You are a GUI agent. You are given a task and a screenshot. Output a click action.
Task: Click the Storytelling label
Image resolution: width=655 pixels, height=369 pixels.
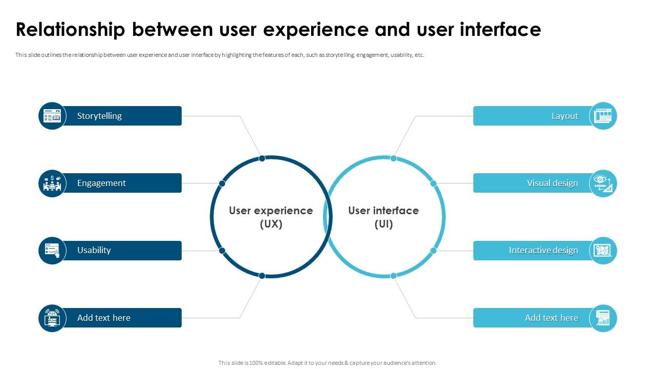click(x=99, y=116)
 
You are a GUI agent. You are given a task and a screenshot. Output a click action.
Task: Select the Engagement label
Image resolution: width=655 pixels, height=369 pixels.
click(x=101, y=183)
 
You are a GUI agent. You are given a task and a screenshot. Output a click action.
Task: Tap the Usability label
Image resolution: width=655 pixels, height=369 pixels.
click(x=94, y=250)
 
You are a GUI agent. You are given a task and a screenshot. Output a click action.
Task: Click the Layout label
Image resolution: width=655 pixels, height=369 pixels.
click(x=564, y=116)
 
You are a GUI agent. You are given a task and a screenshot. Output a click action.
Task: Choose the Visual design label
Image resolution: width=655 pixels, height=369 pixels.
click(x=552, y=183)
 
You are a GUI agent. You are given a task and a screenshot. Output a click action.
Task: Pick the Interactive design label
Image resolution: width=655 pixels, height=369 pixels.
click(x=543, y=250)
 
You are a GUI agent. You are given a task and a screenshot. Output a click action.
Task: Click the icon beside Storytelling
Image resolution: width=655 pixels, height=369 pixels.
click(x=52, y=116)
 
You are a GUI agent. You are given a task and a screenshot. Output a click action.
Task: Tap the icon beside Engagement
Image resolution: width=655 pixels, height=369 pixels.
click(x=52, y=183)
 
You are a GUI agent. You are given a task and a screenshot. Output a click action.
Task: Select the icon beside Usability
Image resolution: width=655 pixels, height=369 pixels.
click(x=52, y=251)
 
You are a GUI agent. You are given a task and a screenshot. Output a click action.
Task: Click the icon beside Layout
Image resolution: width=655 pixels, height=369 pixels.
click(x=603, y=116)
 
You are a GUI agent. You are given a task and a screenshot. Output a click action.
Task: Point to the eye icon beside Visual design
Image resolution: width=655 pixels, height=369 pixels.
click(x=603, y=183)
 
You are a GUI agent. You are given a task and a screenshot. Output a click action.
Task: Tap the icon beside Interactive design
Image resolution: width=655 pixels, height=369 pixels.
click(x=603, y=251)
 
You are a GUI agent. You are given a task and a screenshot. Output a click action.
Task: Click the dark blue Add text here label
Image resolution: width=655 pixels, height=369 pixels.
click(x=103, y=318)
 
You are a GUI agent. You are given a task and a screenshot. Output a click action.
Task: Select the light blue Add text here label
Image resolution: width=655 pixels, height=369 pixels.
click(x=551, y=318)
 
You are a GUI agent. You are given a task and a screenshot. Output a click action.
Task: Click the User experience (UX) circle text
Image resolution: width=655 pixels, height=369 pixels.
click(x=271, y=217)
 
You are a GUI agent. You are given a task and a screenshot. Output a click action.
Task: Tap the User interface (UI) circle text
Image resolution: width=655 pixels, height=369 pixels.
click(x=383, y=217)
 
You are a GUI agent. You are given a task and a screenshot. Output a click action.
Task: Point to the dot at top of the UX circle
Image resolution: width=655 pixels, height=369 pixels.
click(x=262, y=158)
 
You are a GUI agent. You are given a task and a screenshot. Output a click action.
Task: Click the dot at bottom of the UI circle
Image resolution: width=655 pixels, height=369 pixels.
click(x=394, y=276)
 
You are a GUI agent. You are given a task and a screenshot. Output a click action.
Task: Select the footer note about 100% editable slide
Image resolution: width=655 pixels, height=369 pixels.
click(x=327, y=363)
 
